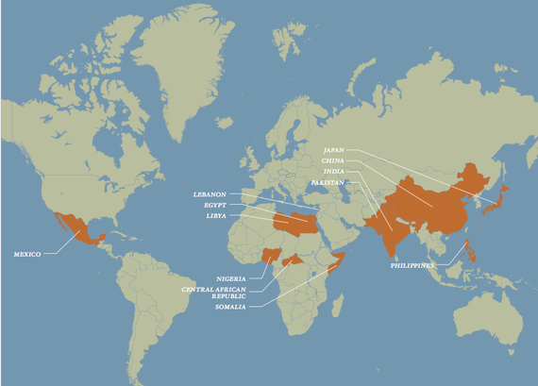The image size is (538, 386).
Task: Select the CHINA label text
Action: point(333,160)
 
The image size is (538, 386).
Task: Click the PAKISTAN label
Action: point(327,182)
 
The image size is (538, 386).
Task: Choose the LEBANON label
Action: point(211,194)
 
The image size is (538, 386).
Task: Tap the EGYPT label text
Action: point(216,205)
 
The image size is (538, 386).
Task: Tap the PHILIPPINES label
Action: point(416,266)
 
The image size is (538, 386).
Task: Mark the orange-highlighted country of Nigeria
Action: point(271,255)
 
